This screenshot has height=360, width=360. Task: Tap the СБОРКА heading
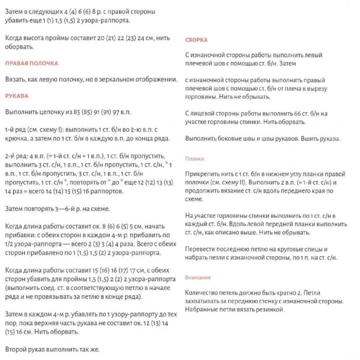point(196,40)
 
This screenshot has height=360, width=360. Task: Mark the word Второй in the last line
point(15,349)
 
